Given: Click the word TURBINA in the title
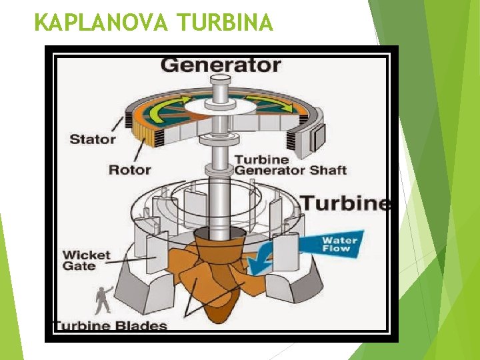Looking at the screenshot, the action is tap(225, 23).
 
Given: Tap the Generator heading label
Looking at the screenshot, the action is tap(221, 65).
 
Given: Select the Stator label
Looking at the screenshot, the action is tap(93, 139).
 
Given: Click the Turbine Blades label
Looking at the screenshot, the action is tap(111, 326).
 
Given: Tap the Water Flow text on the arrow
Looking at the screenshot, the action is tap(339, 244).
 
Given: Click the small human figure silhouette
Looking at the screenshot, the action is tap(103, 301).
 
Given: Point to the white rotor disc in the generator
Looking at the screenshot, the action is tap(220, 105).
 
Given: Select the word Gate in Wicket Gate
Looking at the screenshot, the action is tap(79, 267).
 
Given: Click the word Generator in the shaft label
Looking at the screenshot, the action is tap(269, 170).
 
